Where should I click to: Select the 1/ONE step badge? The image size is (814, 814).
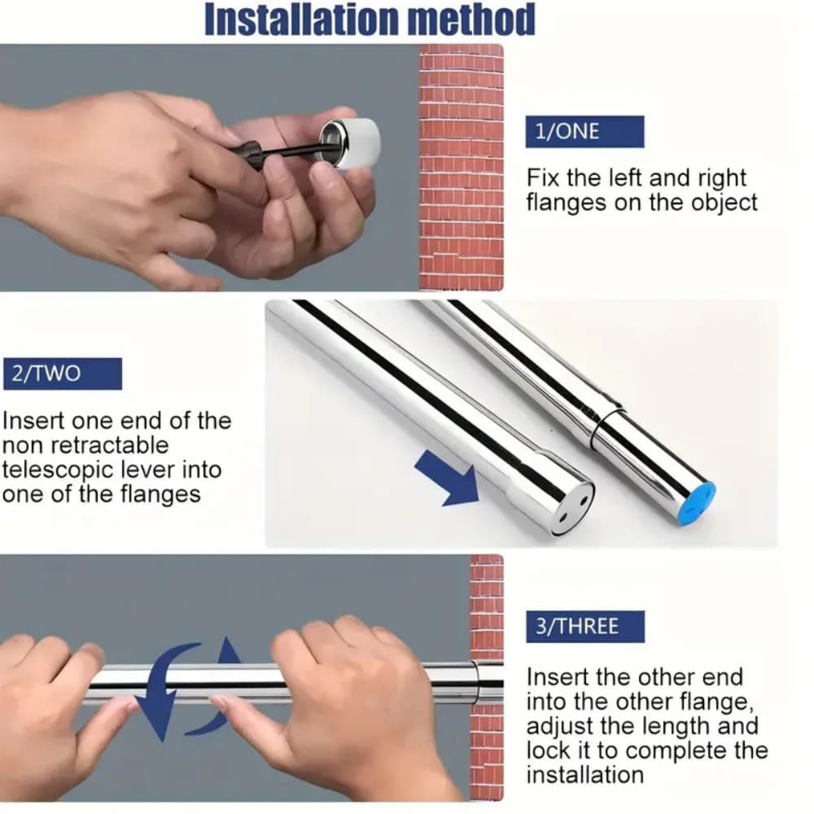point(584,132)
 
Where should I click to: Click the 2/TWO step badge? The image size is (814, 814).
point(63,374)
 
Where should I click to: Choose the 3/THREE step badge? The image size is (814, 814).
point(584,627)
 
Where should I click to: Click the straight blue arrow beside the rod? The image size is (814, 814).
point(447,479)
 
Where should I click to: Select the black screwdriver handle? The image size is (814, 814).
point(254,154)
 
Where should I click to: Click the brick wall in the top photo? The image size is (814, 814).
point(461,163)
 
